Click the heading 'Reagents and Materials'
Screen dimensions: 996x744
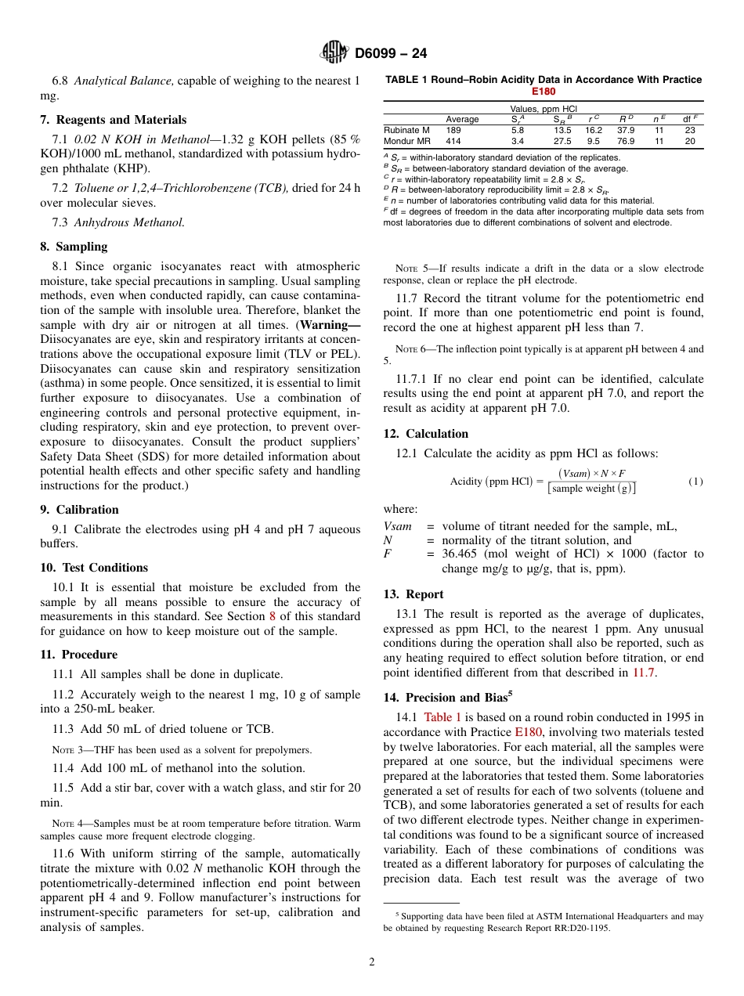pyautogui.click(x=120, y=120)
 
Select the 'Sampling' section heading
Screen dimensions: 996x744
pyautogui.click(x=80, y=247)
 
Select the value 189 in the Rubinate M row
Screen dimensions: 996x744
pyautogui.click(x=453, y=130)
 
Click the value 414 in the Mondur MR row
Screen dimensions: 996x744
pyautogui.click(x=453, y=141)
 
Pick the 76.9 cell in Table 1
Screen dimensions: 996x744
pyautogui.click(x=626, y=141)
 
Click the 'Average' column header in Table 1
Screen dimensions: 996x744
pyautogui.click(x=462, y=119)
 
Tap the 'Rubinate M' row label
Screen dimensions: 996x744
pyautogui.click(x=406, y=130)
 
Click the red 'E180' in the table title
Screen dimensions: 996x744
pyautogui.click(x=544, y=91)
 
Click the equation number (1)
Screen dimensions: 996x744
pyautogui.click(x=695, y=481)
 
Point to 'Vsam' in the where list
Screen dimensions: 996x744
pyautogui.click(x=397, y=526)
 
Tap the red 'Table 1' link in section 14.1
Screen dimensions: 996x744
pyautogui.click(x=442, y=716)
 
